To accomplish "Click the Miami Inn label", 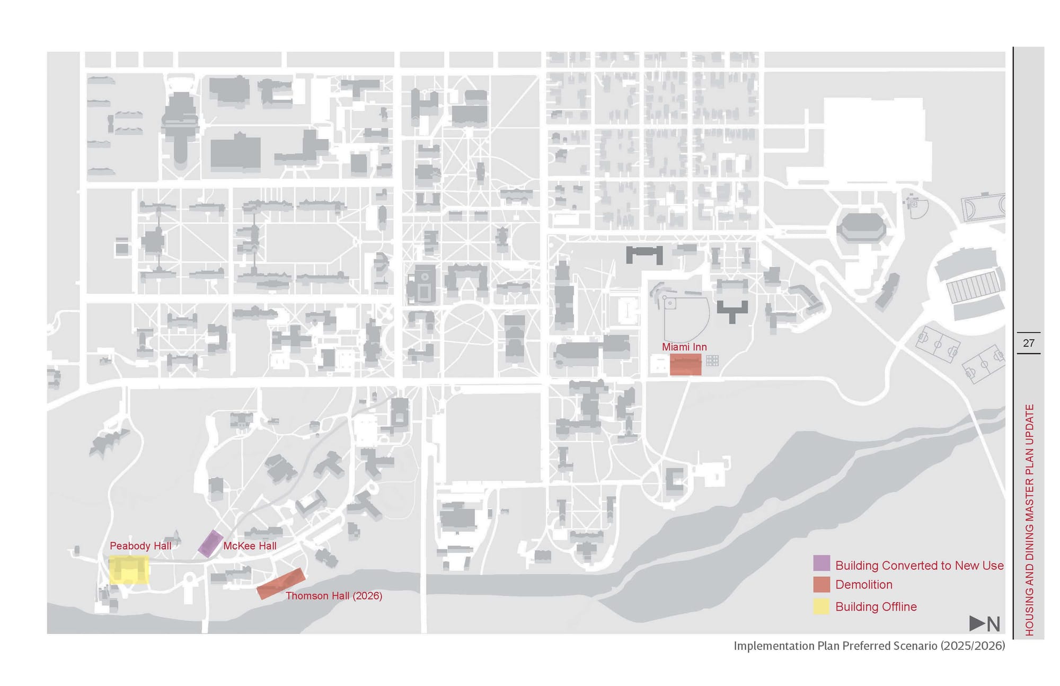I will (684, 347).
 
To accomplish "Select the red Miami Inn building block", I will (685, 365).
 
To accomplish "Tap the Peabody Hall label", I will (140, 546).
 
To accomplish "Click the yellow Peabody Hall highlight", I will (129, 569).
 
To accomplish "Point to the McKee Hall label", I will (250, 546).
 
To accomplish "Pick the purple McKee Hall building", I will (210, 543).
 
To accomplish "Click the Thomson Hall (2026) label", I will (334, 595).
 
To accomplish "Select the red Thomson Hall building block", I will (281, 583).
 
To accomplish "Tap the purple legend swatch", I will (821, 564).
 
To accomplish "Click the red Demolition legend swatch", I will (821, 584).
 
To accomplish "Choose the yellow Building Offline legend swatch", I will (821, 606).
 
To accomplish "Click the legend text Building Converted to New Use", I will (919, 565).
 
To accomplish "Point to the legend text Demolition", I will (863, 584).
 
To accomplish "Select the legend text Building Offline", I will (876, 606).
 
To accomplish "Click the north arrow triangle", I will (977, 623).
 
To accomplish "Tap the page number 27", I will (1028, 343).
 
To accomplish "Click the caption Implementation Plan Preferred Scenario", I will (869, 645).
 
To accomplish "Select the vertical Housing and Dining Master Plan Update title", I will (1029, 520).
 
